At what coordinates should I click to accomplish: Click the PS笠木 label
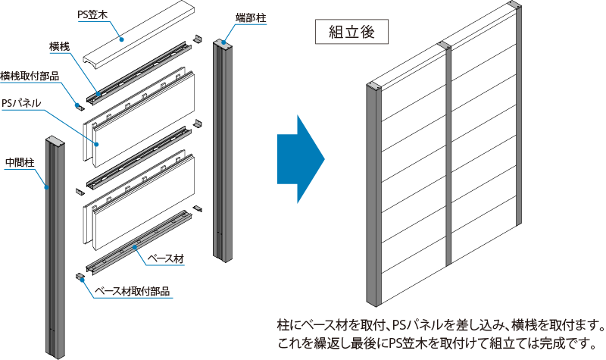(92, 14)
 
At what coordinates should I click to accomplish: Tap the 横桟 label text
(60, 47)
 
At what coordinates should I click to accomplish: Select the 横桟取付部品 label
(30, 76)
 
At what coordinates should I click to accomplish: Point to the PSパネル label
(21, 103)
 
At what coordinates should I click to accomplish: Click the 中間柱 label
(20, 162)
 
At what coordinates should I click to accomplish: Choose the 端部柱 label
(251, 17)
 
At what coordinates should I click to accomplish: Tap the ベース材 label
(166, 258)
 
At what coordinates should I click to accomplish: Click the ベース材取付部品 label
(133, 291)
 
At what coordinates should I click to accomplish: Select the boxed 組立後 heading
(351, 32)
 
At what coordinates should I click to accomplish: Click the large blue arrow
(301, 159)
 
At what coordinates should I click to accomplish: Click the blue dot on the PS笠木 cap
(121, 39)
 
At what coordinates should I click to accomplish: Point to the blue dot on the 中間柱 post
(46, 187)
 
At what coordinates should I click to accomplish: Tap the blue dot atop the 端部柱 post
(224, 42)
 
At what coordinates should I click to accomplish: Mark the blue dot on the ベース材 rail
(135, 247)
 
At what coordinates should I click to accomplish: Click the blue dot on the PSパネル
(97, 144)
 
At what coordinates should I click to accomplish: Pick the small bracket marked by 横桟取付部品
(80, 107)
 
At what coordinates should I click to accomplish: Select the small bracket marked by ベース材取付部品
(80, 277)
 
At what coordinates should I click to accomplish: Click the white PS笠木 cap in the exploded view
(139, 34)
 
